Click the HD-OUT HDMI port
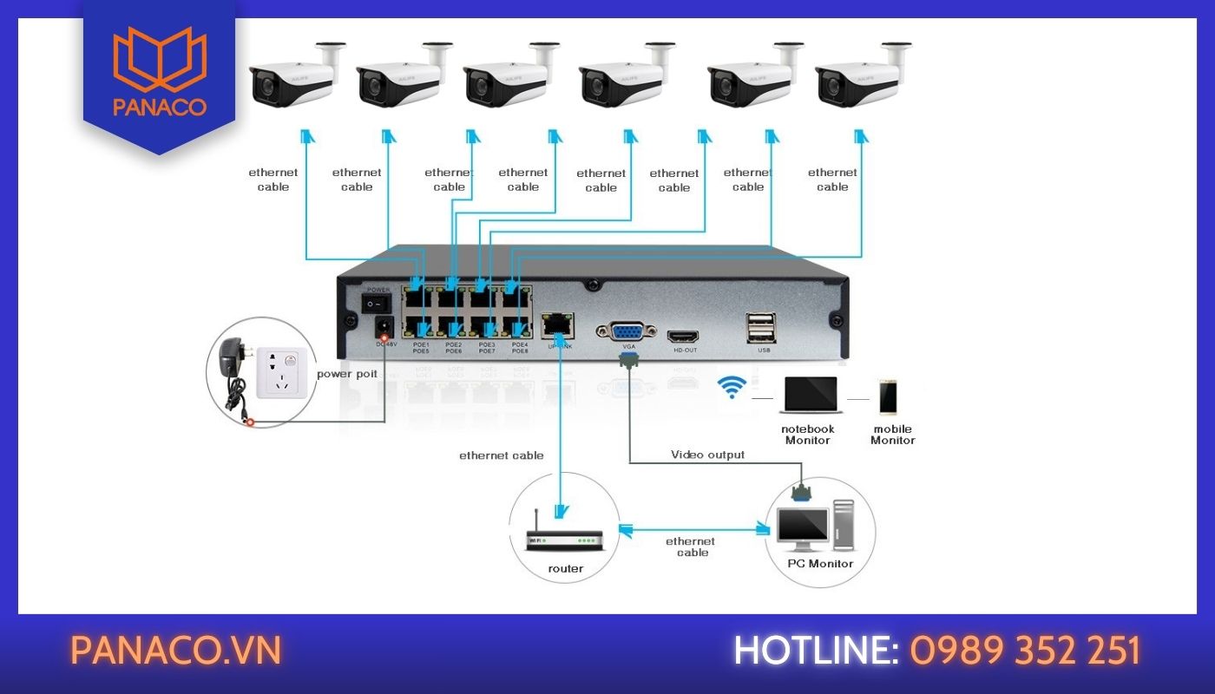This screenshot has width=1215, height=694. [681, 336]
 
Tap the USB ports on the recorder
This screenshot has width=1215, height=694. [761, 329]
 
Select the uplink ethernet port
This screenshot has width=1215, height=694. [555, 325]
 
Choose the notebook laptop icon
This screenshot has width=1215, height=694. [809, 396]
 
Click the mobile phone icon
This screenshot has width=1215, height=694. [888, 397]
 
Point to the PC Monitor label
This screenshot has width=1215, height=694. [820, 564]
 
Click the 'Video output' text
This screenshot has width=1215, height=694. [707, 455]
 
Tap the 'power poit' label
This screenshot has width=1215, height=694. [347, 374]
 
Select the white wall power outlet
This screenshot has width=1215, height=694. [284, 370]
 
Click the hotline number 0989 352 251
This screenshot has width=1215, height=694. [1025, 651]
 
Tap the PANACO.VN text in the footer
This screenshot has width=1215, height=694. [176, 651]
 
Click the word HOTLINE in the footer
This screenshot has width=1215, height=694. [815, 651]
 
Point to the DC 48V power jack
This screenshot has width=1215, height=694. [383, 328]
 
